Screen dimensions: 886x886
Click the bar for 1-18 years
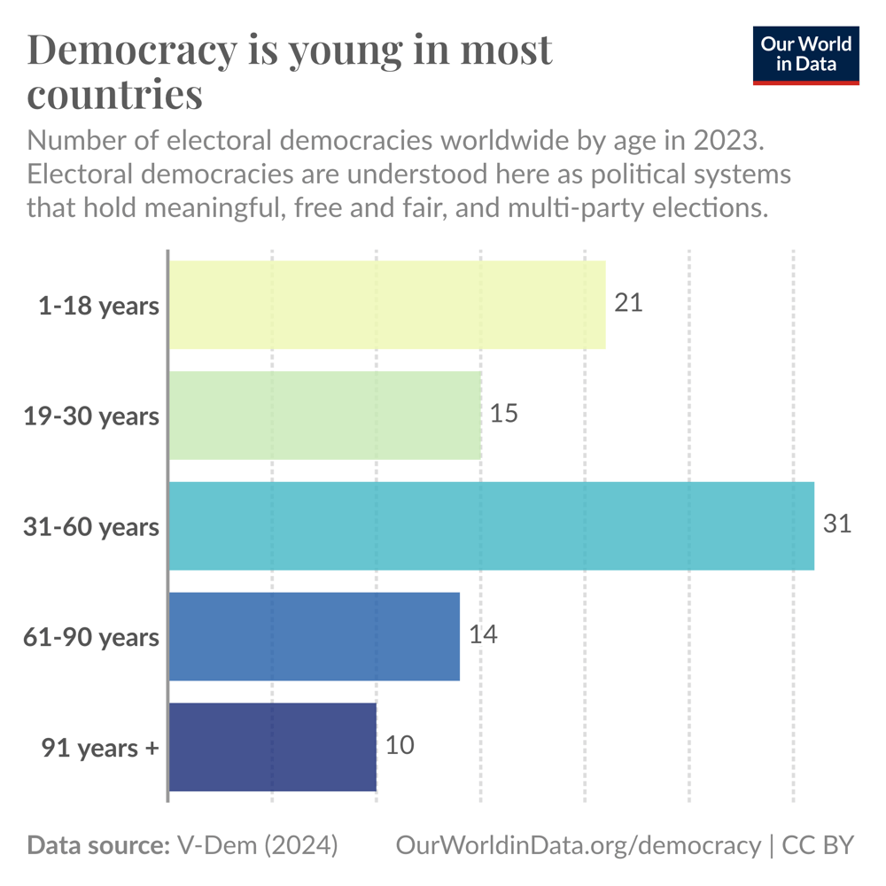[x=387, y=305]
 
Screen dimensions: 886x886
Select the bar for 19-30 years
[x=325, y=415]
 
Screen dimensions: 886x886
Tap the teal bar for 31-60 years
[x=491, y=525]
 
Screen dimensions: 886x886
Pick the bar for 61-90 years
[x=314, y=636]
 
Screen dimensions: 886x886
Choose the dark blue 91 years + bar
[x=272, y=747]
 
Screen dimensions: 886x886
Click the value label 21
[x=628, y=303]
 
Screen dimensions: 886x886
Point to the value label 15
[x=503, y=414]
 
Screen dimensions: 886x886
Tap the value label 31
[x=836, y=525]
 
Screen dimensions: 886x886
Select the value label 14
[x=482, y=635]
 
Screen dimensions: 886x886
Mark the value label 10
[x=400, y=746]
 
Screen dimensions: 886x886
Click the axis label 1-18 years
[x=98, y=306]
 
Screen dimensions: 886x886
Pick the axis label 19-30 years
[x=91, y=416]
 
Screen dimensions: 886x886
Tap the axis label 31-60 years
[x=91, y=527]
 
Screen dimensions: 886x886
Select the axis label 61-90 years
[x=91, y=638]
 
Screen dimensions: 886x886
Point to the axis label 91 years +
[x=100, y=749]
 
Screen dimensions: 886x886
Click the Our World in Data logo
[x=806, y=55]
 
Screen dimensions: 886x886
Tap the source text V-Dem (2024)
[x=257, y=845]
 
